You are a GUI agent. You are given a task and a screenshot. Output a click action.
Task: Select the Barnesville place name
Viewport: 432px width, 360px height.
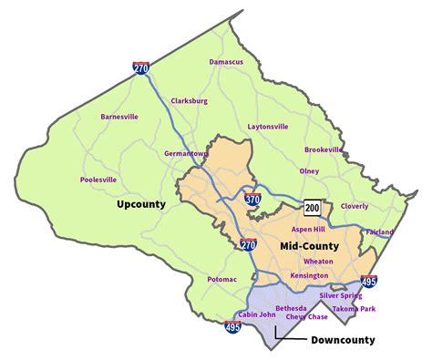coord(119,117)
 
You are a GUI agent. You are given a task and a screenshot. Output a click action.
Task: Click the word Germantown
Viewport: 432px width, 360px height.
coord(187,154)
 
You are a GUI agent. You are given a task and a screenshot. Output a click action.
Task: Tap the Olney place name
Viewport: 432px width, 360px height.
coord(309,170)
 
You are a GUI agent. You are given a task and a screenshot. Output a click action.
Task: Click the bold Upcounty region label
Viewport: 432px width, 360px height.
coord(141,204)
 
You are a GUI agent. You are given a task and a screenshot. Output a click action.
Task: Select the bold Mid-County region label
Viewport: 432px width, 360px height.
coord(308,245)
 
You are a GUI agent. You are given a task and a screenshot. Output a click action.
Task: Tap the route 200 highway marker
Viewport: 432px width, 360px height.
coord(313,207)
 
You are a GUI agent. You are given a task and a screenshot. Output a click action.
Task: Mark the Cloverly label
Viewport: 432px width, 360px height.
coord(355,206)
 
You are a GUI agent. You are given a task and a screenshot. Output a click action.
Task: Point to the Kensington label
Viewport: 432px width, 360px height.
coord(308,275)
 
